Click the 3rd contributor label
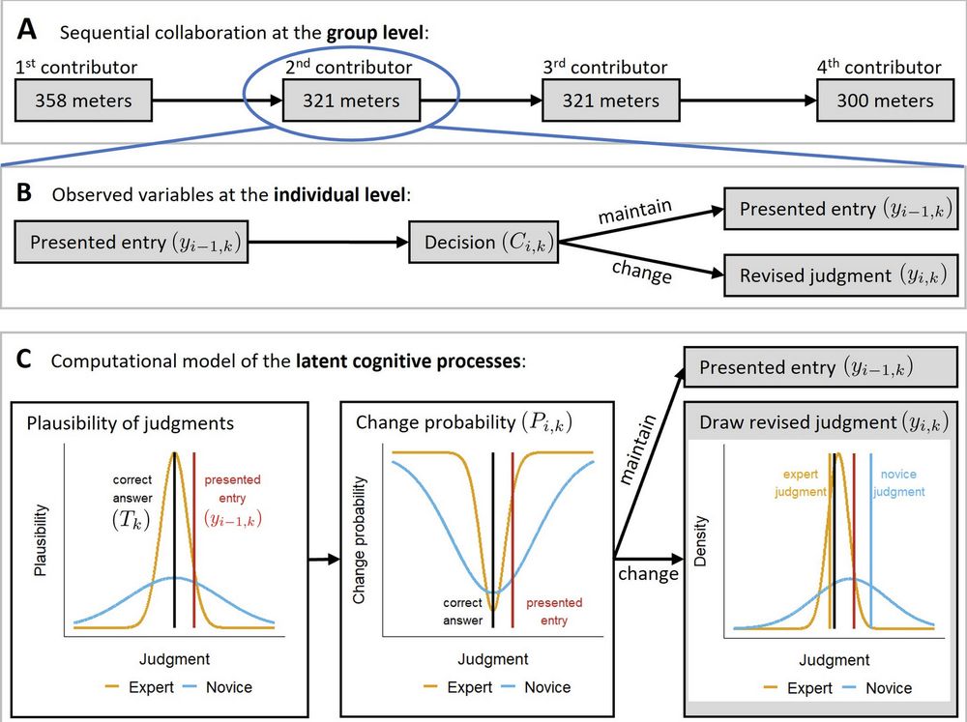(x=606, y=68)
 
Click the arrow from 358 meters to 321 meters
(x=214, y=100)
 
